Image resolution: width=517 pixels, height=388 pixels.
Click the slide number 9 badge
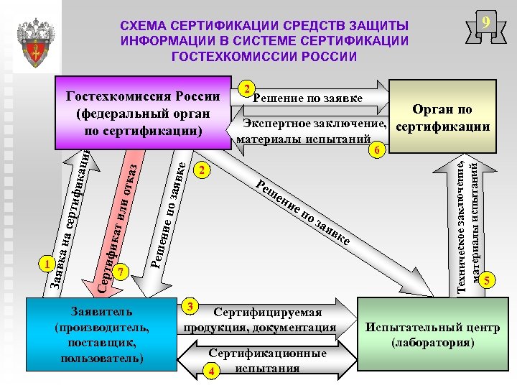tap(486, 24)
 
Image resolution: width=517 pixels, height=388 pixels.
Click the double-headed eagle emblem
tap(34, 43)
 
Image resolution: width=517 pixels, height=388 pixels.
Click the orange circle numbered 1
tap(47, 264)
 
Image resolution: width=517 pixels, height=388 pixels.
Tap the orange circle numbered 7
tap(121, 272)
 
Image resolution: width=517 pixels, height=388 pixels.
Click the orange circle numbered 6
tap(380, 150)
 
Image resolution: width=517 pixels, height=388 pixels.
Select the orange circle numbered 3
tap(190, 305)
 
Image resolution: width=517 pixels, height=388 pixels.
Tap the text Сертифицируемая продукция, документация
tap(266, 320)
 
